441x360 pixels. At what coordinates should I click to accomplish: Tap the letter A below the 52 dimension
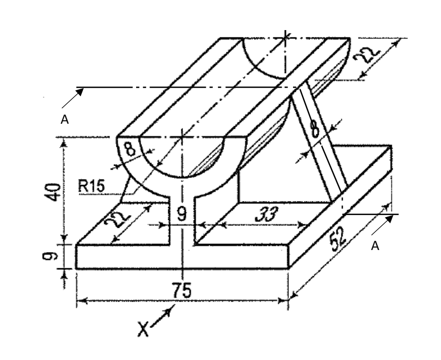[375, 247]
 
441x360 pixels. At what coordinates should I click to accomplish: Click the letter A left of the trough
[65, 120]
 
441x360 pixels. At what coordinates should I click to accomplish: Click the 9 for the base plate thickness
[54, 256]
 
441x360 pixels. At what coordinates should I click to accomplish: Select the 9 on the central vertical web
[183, 214]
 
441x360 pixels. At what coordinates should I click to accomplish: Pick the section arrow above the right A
[383, 224]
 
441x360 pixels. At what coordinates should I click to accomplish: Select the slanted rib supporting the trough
[318, 148]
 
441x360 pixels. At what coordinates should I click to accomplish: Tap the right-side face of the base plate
[340, 217]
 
